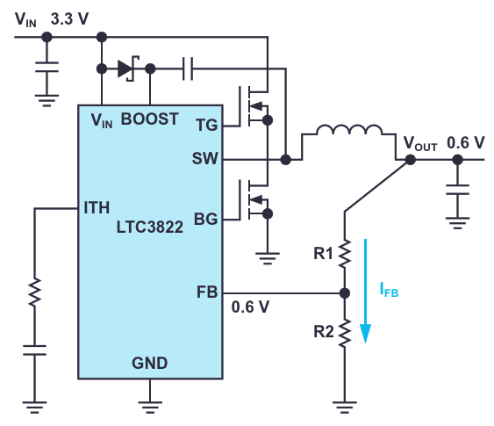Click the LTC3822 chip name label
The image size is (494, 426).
(x=150, y=227)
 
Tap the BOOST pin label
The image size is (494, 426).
(x=150, y=119)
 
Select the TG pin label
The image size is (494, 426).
(x=207, y=126)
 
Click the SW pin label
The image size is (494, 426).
(x=204, y=158)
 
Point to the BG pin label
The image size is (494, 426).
(x=205, y=220)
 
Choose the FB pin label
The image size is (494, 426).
(x=207, y=292)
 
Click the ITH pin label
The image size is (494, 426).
(x=97, y=208)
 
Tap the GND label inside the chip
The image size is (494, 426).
(x=150, y=364)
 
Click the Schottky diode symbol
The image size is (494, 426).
(x=127, y=69)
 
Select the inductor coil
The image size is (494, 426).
(x=349, y=130)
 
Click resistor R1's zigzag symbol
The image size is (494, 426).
(x=345, y=254)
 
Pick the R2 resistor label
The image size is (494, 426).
(x=324, y=332)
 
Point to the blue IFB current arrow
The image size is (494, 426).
(x=366, y=291)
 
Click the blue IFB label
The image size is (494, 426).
(x=390, y=290)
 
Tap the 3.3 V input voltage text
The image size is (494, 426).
(x=69, y=19)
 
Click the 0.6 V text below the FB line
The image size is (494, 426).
(x=250, y=307)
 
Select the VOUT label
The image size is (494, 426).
(x=420, y=143)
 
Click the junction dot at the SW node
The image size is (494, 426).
(x=286, y=160)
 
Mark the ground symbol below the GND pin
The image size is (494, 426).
(x=150, y=407)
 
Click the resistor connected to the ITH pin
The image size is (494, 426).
(x=34, y=292)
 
